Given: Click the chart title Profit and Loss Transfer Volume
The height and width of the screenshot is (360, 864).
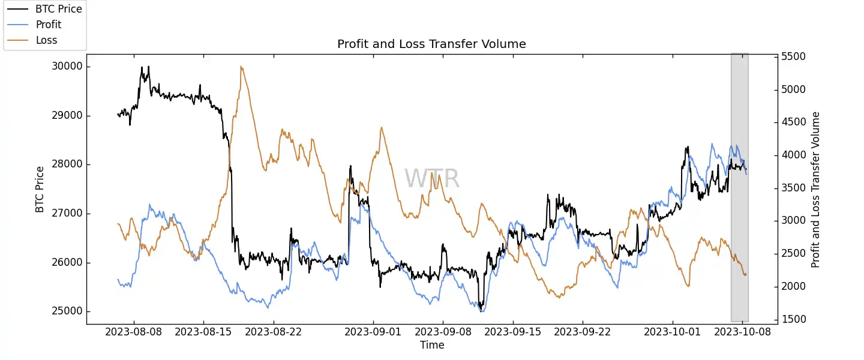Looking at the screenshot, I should pyautogui.click(x=431, y=44).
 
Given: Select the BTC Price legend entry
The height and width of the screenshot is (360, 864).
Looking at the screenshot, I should pyautogui.click(x=59, y=9).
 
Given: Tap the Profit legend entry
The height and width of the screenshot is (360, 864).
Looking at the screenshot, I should pyautogui.click(x=49, y=25).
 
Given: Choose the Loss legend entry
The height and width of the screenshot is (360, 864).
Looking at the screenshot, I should pyautogui.click(x=46, y=40).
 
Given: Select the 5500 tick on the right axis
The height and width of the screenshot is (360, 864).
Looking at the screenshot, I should pyautogui.click(x=793, y=57).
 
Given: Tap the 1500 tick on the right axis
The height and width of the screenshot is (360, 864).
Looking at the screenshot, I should pyautogui.click(x=793, y=319).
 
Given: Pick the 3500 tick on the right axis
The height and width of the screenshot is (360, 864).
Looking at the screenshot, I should pyautogui.click(x=793, y=188).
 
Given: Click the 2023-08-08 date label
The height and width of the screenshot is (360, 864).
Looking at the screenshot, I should pyautogui.click(x=133, y=331).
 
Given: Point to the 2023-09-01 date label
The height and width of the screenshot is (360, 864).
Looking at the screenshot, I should pyautogui.click(x=374, y=331).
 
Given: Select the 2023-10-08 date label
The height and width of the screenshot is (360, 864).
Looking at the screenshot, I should pyautogui.click(x=743, y=331).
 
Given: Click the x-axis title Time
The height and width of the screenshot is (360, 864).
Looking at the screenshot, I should pyautogui.click(x=432, y=345).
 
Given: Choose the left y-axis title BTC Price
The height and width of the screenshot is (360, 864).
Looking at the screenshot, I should pyautogui.click(x=40, y=189).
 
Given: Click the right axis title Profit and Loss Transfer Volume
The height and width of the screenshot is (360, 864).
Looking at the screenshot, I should pyautogui.click(x=815, y=189).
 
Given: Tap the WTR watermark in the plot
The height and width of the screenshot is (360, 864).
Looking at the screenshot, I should pyautogui.click(x=432, y=179).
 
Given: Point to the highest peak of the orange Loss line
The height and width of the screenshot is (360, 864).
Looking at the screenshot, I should pyautogui.click(x=241, y=67).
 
